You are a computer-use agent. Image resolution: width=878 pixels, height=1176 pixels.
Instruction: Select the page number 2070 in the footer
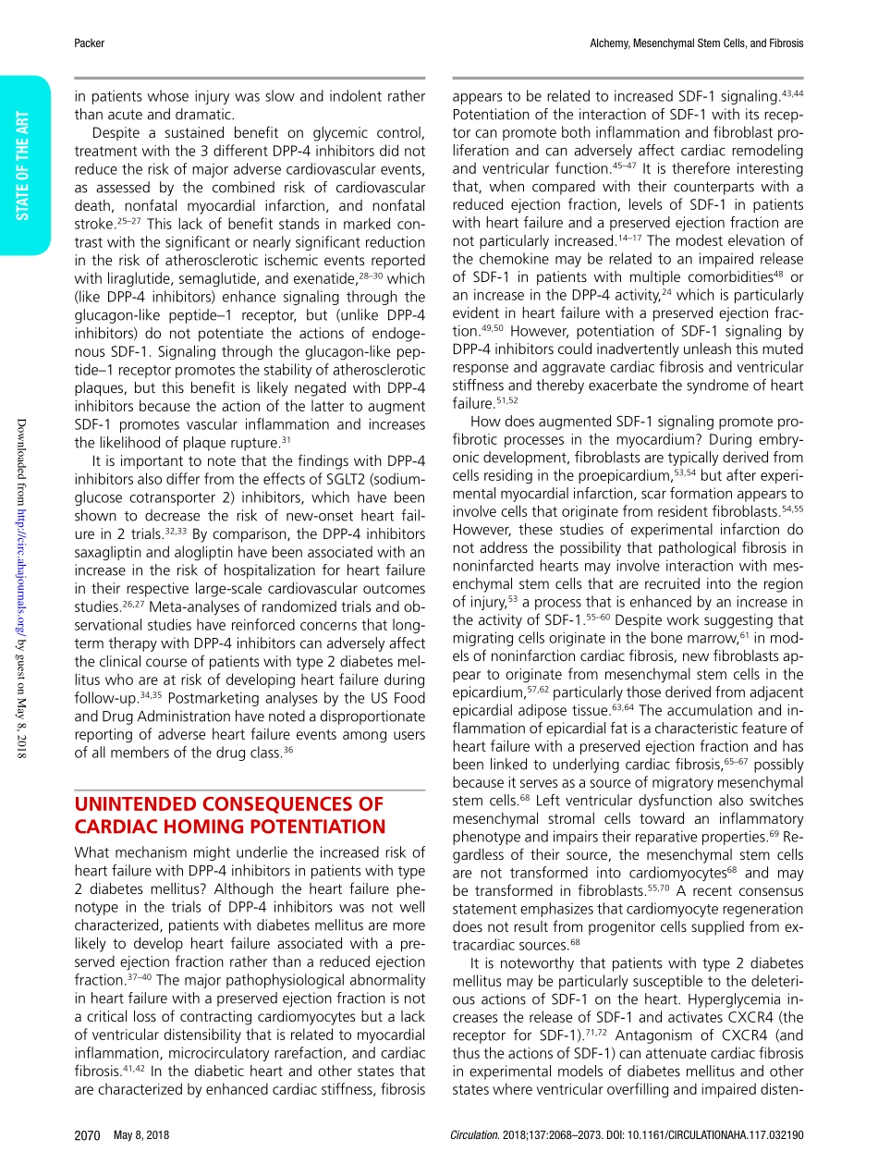[86, 1134]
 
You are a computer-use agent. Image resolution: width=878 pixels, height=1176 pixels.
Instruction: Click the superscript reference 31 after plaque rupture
[286, 439]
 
